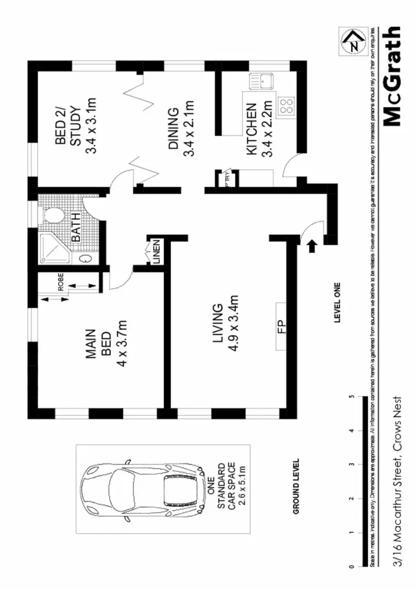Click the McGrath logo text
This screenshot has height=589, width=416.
click(393, 77)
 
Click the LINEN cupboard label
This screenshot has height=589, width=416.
click(156, 252)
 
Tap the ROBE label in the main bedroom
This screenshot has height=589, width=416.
click(61, 282)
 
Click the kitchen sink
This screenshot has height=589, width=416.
click(260, 82)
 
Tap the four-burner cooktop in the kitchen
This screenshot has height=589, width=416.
click(287, 105)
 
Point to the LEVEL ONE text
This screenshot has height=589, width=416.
click(337, 303)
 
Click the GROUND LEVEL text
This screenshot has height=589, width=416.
click(296, 487)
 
